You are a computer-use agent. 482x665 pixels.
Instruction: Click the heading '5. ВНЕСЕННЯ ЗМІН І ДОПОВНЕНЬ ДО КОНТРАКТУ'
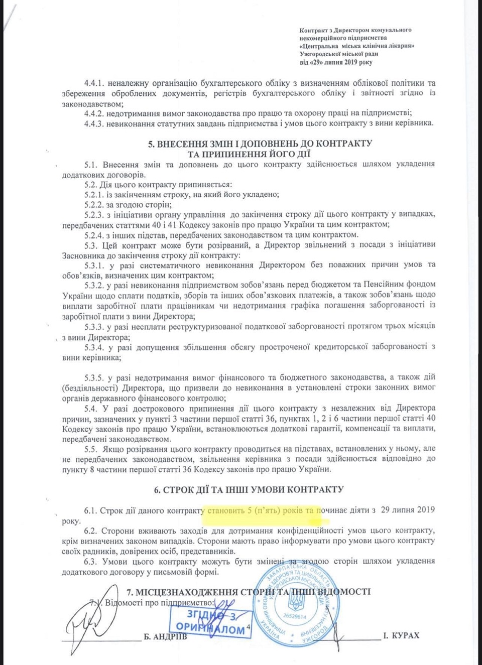pyautogui.click(x=260, y=144)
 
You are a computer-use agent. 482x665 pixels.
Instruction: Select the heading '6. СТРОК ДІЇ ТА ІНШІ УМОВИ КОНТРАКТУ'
pyautogui.click(x=249, y=489)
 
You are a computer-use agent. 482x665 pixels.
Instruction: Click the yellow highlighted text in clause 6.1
pyautogui.click(x=261, y=510)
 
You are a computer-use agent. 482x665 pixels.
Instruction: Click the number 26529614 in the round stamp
pyautogui.click(x=295, y=616)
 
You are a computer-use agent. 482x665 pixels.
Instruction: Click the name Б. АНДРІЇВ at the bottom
pyautogui.click(x=165, y=637)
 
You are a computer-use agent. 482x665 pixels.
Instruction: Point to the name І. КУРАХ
pyautogui.click(x=401, y=636)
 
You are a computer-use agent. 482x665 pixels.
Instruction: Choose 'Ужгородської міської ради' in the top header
pyautogui.click(x=339, y=54)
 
